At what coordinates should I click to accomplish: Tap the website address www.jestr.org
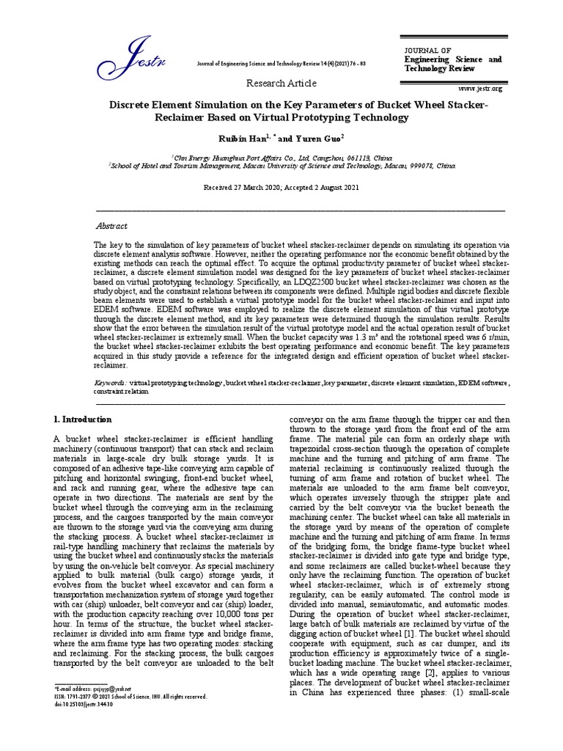click(481, 88)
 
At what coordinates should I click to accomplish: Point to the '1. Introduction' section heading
click(82, 420)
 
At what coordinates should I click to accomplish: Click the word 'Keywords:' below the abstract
click(111, 383)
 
